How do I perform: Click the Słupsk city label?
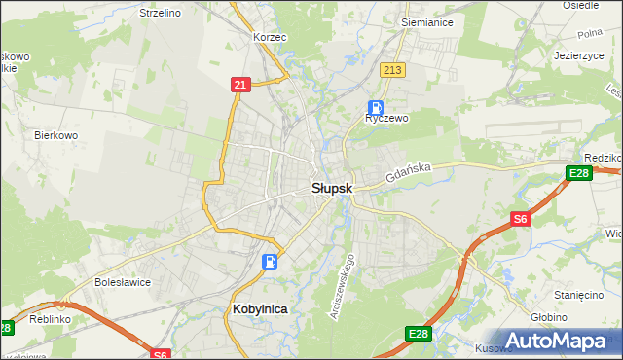[x=332, y=189]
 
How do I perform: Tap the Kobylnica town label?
[x=261, y=308]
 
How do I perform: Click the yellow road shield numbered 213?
[x=393, y=70]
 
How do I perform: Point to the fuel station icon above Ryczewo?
[x=375, y=108]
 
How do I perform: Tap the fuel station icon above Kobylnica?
[x=270, y=261]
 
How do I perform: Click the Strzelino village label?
[x=161, y=14]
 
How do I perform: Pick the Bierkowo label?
[x=55, y=135]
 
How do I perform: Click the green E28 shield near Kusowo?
[x=418, y=334]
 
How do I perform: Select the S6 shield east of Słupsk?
[x=521, y=220]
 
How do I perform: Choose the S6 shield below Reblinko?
[x=161, y=354]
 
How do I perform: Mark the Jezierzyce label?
[x=579, y=55]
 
